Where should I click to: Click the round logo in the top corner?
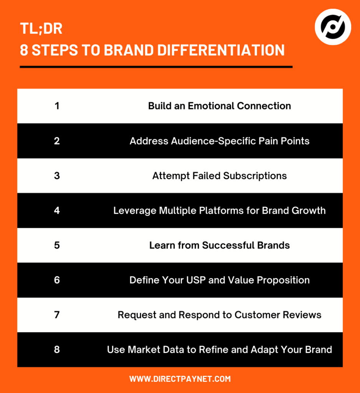coord(333,27)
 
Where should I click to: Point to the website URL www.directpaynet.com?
coord(180,379)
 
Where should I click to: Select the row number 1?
coord(57,106)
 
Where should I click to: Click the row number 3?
coord(57,176)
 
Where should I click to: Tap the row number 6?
coord(57,280)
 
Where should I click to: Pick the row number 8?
coord(57,350)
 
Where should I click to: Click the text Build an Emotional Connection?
coord(219,106)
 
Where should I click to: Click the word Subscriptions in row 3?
coord(255,176)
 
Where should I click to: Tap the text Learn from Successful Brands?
coord(219,245)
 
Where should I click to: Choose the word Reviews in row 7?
coord(302,315)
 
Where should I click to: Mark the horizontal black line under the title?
coord(156,67)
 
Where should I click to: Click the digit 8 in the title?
coord(24,50)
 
